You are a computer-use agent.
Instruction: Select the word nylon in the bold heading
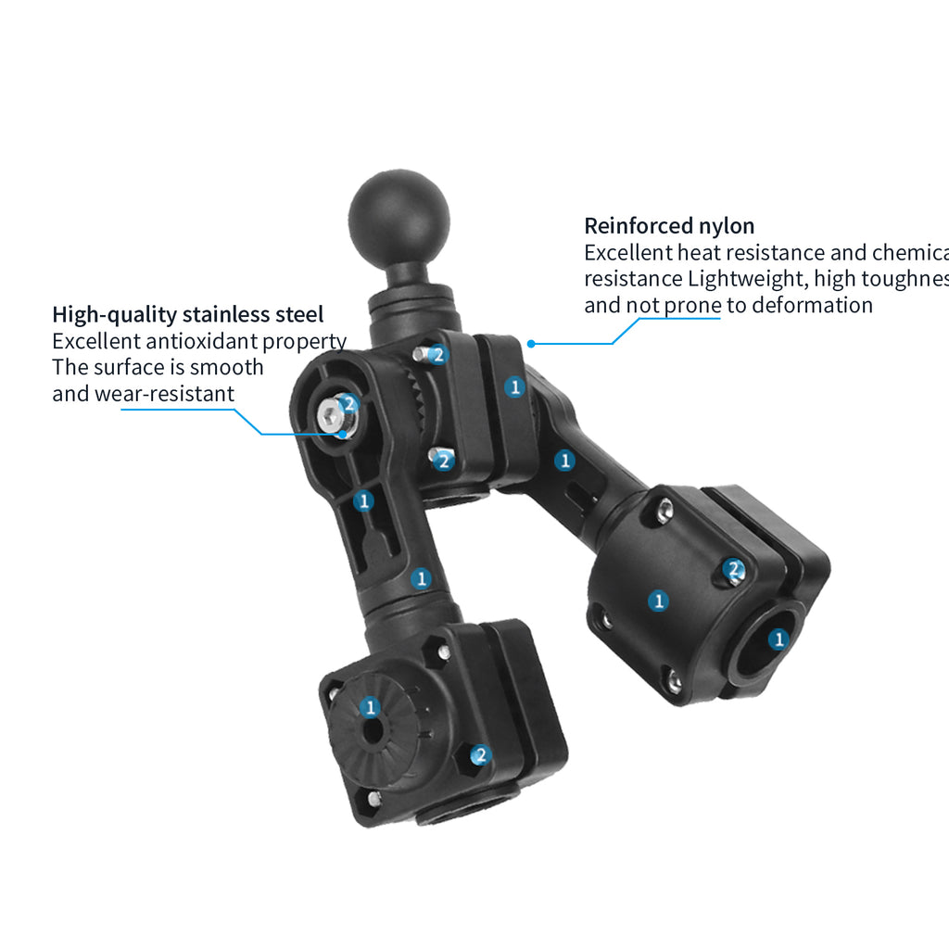(726, 225)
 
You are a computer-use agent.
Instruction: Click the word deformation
(812, 305)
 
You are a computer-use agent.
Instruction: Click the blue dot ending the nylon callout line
(531, 344)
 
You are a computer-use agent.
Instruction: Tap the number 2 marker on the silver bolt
(348, 403)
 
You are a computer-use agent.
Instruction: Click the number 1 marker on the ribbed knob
(371, 708)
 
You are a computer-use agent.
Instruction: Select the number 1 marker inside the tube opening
(778, 639)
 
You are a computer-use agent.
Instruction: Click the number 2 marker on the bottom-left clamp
(480, 755)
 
